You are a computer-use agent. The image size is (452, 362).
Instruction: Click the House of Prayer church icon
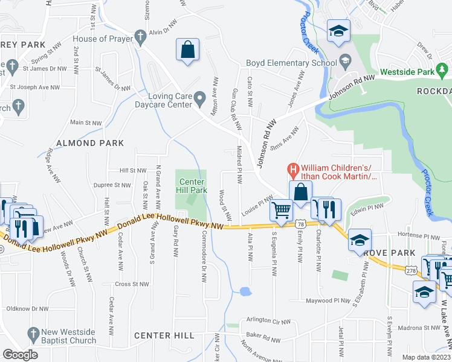pos(140,39)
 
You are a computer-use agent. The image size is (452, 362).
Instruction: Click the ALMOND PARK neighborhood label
pos(89,143)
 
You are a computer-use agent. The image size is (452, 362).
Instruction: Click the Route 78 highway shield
pos(300,224)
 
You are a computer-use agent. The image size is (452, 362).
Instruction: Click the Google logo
pos(21,355)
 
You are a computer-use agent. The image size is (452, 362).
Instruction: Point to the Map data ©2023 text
pos(427,357)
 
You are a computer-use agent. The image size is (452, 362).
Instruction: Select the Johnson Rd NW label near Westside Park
pos(352,87)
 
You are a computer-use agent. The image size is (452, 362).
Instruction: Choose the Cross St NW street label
pos(132,284)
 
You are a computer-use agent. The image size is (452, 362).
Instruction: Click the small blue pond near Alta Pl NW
pos(245,292)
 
